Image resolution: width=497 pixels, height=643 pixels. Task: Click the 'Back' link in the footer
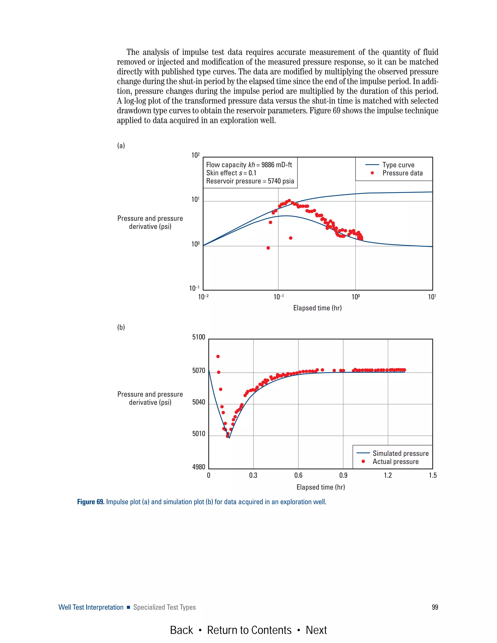pyautogui.click(x=181, y=630)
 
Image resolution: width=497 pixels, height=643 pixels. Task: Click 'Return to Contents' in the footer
pyautogui.click(x=249, y=630)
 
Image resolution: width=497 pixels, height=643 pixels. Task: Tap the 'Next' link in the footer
pyautogui.click(x=316, y=630)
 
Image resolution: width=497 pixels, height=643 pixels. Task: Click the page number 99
pyautogui.click(x=435, y=607)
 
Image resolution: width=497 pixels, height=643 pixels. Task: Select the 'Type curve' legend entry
pyautogui.click(x=398, y=165)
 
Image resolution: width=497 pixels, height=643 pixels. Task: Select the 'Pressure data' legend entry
pyautogui.click(x=402, y=173)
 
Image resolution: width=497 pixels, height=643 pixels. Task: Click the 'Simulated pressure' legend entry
pyautogui.click(x=400, y=453)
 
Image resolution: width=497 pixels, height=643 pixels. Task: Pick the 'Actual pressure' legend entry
pyautogui.click(x=395, y=462)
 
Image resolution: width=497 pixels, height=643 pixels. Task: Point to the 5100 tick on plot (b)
pyautogui.click(x=199, y=337)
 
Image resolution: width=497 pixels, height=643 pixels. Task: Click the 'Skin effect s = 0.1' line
pyautogui.click(x=231, y=173)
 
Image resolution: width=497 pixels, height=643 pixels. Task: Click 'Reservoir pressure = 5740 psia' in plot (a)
pyautogui.click(x=250, y=181)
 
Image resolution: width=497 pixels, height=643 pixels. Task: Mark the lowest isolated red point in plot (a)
pyautogui.click(x=268, y=248)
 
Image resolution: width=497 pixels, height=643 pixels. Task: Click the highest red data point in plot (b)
pyautogui.click(x=218, y=356)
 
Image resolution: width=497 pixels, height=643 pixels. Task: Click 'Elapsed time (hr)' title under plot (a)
pyautogui.click(x=317, y=308)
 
